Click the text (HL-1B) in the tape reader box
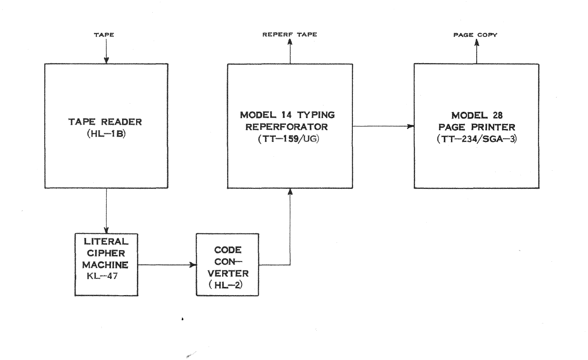click(106, 133)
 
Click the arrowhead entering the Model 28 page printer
click(410, 127)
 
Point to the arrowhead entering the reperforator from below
click(290, 193)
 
